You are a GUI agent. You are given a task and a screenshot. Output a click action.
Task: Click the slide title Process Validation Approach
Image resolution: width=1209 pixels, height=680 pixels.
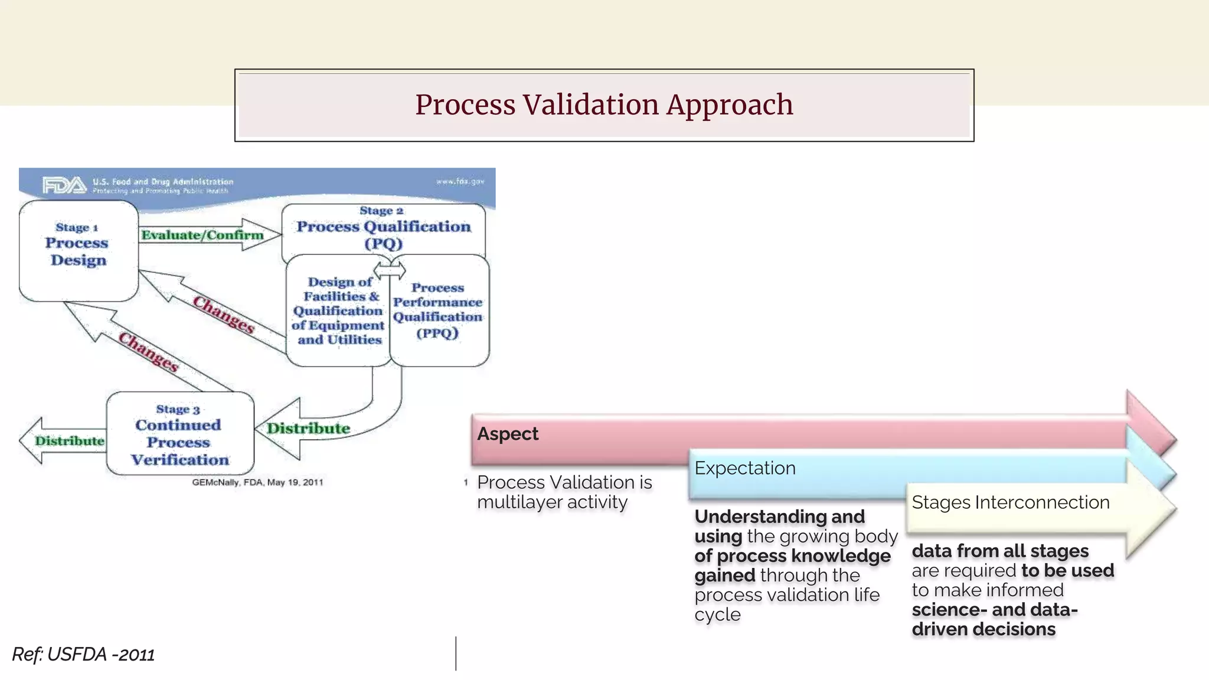click(603, 105)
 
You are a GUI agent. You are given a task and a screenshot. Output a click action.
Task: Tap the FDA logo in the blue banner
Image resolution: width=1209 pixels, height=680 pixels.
click(64, 185)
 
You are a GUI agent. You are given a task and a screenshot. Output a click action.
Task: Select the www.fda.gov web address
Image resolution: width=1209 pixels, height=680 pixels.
click(460, 181)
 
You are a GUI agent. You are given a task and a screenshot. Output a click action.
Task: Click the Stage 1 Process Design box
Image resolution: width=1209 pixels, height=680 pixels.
click(78, 251)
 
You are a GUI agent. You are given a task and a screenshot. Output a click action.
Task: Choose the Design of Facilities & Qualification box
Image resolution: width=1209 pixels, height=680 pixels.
click(338, 310)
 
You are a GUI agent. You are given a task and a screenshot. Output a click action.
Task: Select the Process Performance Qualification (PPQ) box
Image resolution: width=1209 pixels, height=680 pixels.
click(438, 310)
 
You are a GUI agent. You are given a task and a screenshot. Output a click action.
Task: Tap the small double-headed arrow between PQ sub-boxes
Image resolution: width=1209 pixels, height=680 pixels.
click(390, 270)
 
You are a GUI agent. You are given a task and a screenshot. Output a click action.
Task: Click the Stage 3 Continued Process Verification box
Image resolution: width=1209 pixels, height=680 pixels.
click(179, 434)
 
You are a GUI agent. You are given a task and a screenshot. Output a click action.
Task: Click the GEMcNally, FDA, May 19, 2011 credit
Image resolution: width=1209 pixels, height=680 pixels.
click(257, 482)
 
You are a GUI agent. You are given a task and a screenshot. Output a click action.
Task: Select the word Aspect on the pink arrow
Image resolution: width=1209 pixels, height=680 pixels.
click(508, 434)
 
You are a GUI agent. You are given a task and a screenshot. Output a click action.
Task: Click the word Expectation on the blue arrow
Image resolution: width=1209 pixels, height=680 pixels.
click(745, 468)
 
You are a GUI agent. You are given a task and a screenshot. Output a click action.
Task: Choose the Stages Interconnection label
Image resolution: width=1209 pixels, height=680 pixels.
click(1010, 502)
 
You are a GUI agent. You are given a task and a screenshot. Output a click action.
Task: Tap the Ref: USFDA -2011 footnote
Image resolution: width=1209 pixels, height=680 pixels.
click(83, 655)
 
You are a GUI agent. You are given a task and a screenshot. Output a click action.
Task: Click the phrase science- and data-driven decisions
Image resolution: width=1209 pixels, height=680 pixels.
click(994, 619)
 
